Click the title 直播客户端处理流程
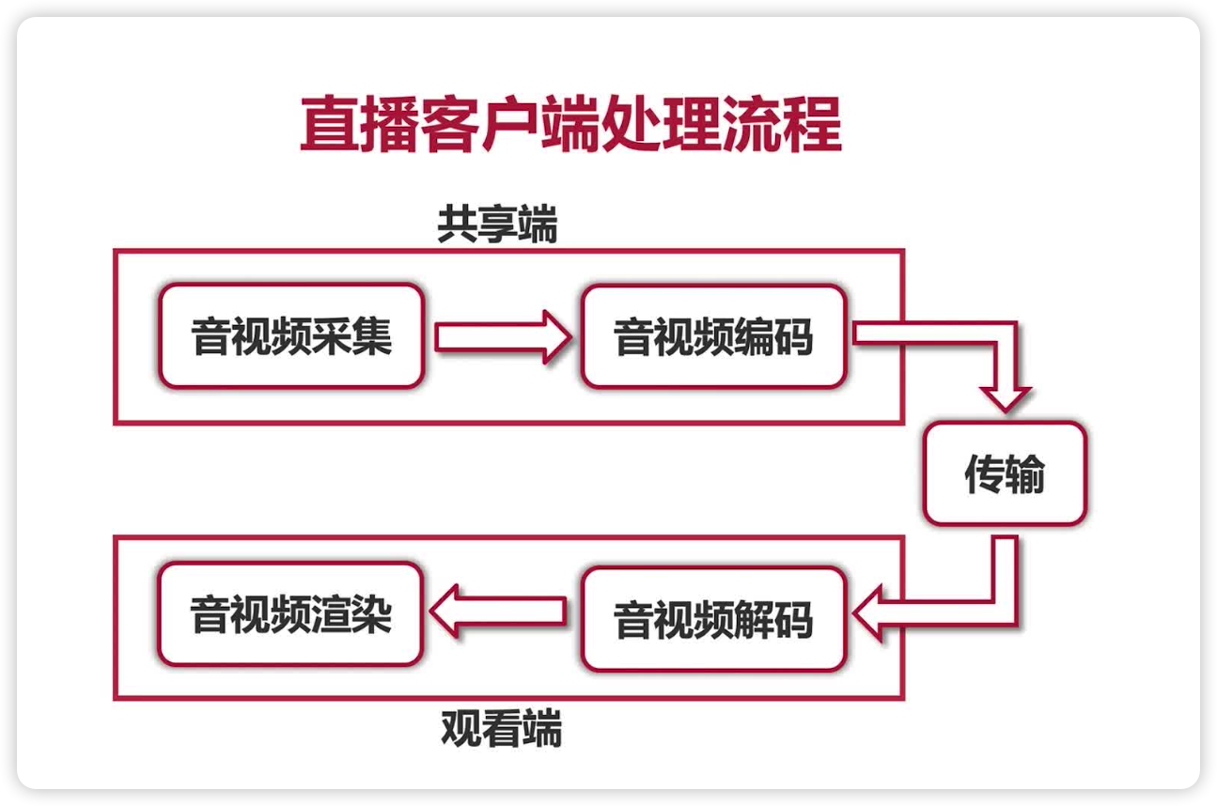point(569,123)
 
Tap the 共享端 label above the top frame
point(497,225)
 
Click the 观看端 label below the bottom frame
point(501,728)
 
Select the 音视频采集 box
point(291,336)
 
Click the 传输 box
point(1005,474)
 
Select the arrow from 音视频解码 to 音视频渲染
point(498,611)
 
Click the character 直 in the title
point(325,123)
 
